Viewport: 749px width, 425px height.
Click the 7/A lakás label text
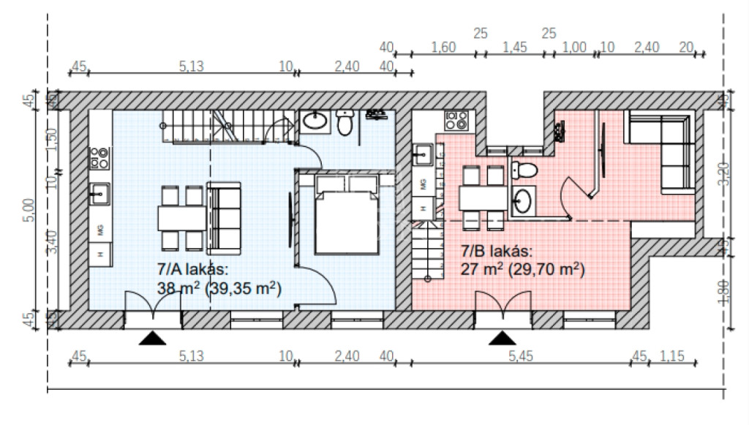pyautogui.click(x=193, y=269)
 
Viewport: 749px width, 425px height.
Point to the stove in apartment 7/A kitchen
pyautogui.click(x=99, y=158)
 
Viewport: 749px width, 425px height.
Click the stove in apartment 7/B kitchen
pyautogui.click(x=456, y=121)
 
